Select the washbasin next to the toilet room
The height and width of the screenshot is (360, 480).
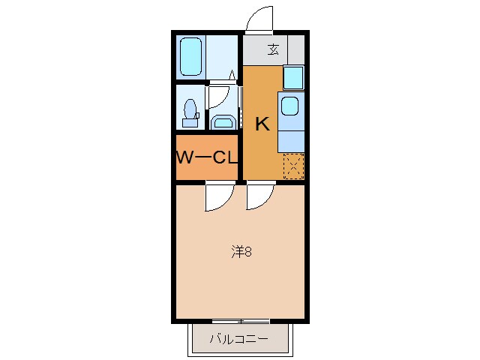(223, 121)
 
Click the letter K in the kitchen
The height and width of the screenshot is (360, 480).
(262, 124)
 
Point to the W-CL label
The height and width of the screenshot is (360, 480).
(207, 157)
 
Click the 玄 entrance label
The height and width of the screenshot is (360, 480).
(273, 50)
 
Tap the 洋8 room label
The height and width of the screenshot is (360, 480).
(240, 252)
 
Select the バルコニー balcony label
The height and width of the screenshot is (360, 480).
(239, 339)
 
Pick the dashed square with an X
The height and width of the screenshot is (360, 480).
(292, 165)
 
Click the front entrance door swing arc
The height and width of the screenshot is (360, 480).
(259, 18)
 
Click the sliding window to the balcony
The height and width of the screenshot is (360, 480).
(240, 321)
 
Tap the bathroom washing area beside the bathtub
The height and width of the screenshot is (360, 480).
(222, 56)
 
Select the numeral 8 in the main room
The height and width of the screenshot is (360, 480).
(247, 252)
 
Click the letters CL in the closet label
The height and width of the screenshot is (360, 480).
(226, 157)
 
